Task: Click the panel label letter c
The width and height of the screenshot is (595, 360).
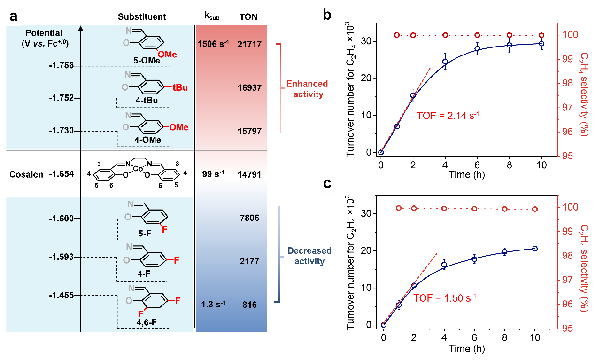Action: [x=327, y=184]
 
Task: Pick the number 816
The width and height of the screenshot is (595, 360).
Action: [x=249, y=305]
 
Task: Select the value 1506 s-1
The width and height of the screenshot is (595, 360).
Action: [x=214, y=44]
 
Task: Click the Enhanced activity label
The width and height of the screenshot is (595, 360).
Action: [x=307, y=89]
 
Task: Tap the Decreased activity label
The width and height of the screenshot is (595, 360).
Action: [x=309, y=256]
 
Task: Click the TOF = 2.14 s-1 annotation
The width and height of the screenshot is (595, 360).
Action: [x=448, y=114]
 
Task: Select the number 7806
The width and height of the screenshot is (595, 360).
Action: [x=249, y=219]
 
